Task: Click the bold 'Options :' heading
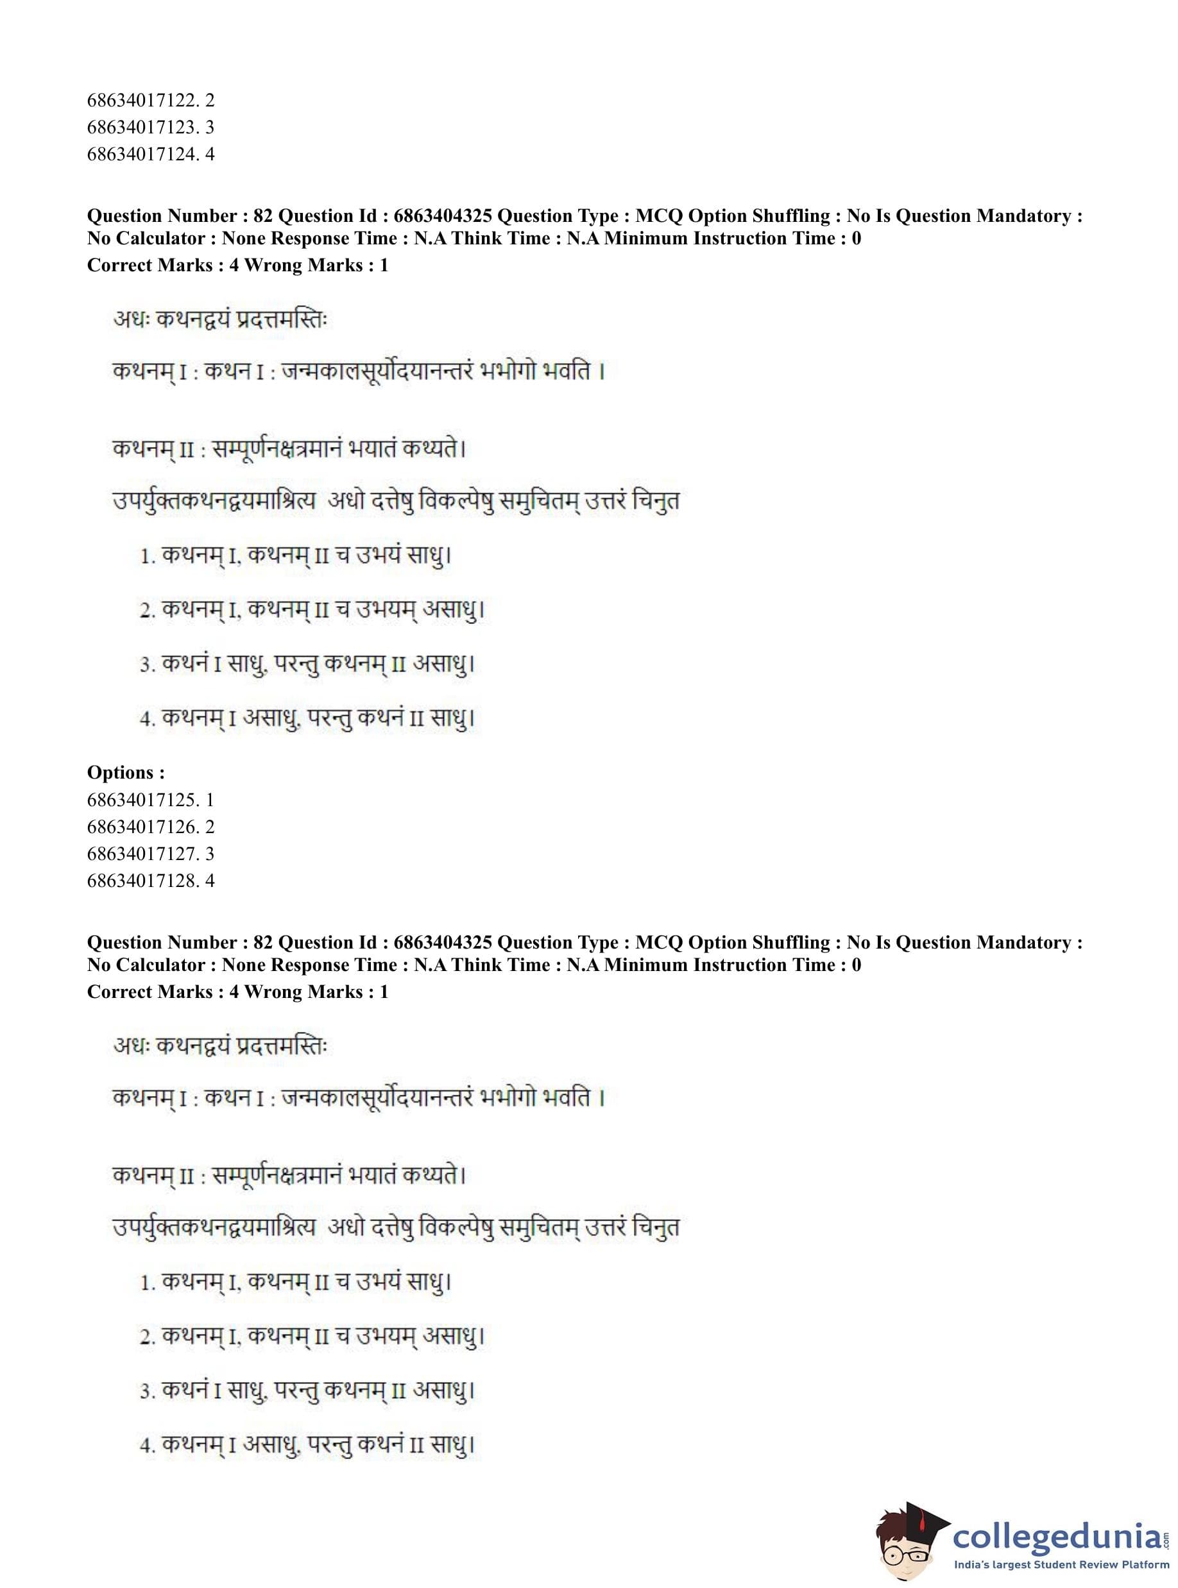point(126,773)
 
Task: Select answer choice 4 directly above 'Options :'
point(307,718)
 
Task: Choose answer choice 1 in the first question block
point(296,555)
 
